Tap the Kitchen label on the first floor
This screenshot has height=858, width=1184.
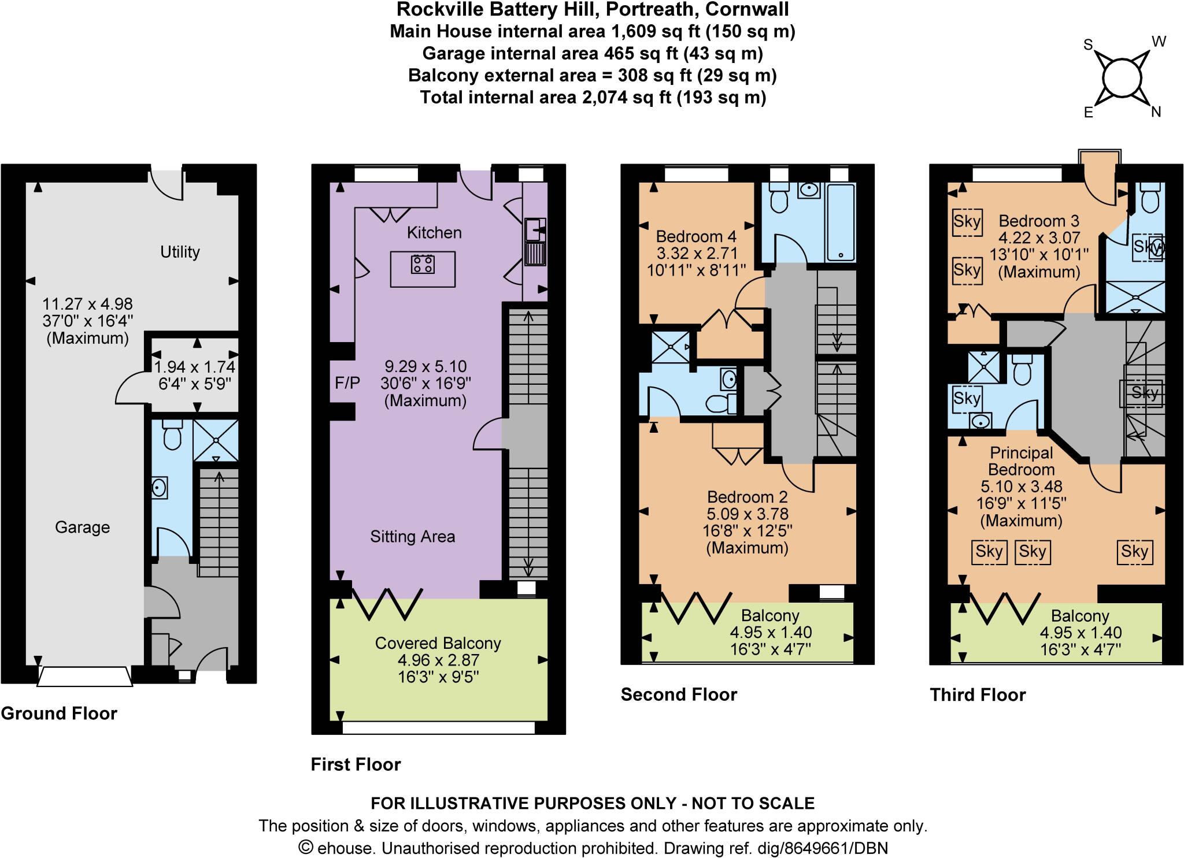coord(434,233)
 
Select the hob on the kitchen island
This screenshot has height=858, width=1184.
coord(423,265)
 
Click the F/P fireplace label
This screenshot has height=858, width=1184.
coord(347,382)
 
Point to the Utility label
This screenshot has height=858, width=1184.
coord(180,252)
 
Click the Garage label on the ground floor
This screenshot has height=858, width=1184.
coord(82,527)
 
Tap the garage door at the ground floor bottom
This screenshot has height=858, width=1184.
coord(84,677)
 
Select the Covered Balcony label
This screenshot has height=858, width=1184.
coord(438,643)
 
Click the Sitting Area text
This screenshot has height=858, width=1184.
coord(412,537)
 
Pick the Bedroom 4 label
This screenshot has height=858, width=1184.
coord(696,237)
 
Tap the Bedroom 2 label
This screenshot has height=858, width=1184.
coord(748,497)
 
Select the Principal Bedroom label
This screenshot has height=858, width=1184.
coord(1021,461)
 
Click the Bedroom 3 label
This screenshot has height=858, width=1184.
coord(1039,221)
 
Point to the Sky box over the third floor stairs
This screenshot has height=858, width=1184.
coord(1144,393)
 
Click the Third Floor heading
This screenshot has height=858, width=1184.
coord(977,694)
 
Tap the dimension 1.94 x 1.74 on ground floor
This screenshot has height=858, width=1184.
coord(194,367)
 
